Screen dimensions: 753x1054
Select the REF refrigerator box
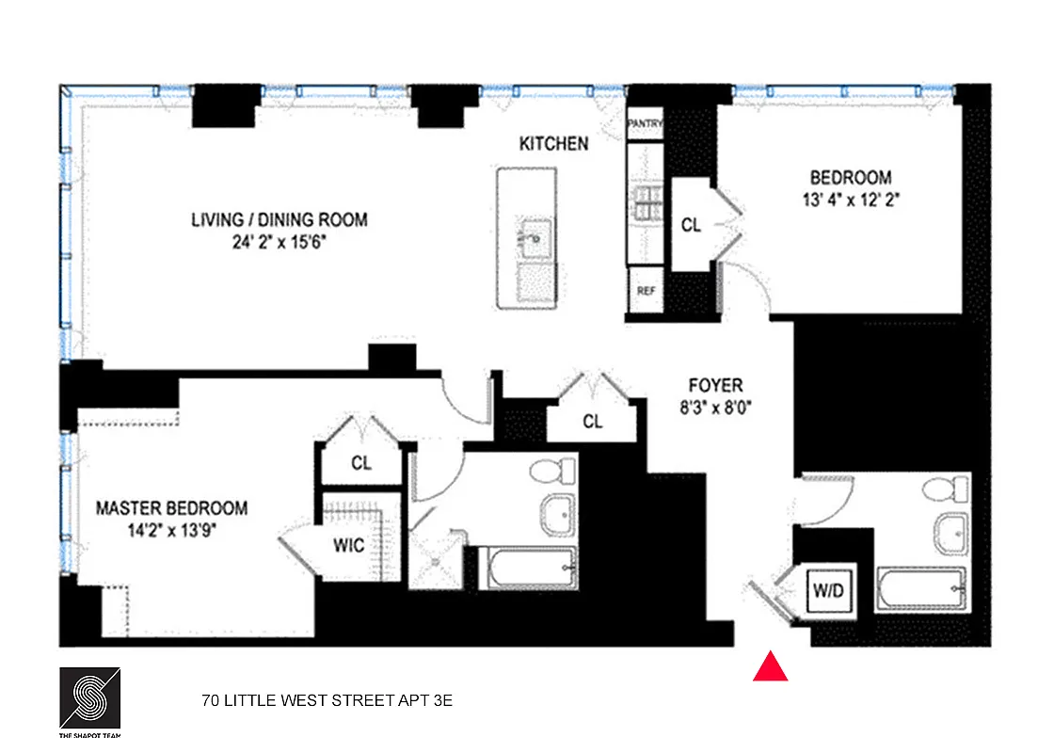pyautogui.click(x=646, y=291)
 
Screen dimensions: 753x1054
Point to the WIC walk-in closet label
pyautogui.click(x=348, y=545)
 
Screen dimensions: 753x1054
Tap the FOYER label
pyautogui.click(x=714, y=385)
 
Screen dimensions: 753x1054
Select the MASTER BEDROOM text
pyautogui.click(x=172, y=508)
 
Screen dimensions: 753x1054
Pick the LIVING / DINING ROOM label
pyautogui.click(x=279, y=220)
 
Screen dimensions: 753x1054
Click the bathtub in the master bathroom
pyautogui.click(x=528, y=569)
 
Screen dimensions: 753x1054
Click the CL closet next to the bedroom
pyautogui.click(x=691, y=226)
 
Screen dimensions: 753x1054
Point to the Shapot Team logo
pyautogui.click(x=89, y=701)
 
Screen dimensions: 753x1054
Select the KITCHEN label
pyautogui.click(x=554, y=144)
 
